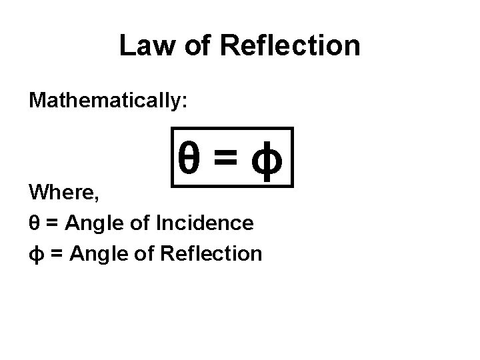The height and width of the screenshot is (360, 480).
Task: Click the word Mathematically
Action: pos(105,101)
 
